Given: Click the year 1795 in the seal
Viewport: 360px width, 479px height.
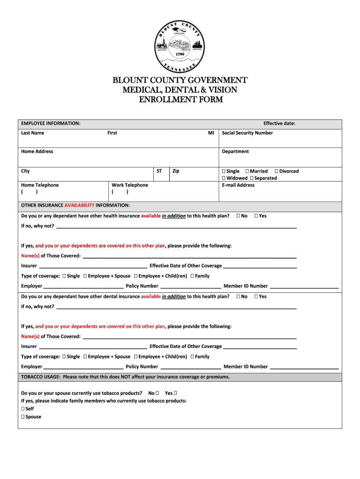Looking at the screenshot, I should click(x=180, y=54).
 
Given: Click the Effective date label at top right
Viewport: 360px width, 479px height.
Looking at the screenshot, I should click(x=279, y=123).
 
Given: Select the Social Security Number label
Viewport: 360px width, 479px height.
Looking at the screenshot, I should click(x=247, y=133).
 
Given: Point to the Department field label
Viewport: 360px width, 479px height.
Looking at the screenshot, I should click(x=235, y=152).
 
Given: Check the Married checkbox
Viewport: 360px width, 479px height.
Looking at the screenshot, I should click(x=247, y=171).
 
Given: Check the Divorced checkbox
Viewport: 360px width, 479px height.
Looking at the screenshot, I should click(x=276, y=171).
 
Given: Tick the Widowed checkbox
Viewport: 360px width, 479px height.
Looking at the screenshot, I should click(x=224, y=178).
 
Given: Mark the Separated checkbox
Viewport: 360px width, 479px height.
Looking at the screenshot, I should click(x=252, y=178).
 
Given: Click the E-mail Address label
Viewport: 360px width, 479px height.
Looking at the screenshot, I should click(x=238, y=185).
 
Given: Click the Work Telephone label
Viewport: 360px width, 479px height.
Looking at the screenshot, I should click(x=130, y=185).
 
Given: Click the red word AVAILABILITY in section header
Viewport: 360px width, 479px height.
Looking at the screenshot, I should click(x=79, y=205).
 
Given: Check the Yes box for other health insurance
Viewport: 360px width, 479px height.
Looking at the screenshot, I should click(x=256, y=216).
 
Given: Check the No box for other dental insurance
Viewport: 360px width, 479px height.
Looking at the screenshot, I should click(x=238, y=297).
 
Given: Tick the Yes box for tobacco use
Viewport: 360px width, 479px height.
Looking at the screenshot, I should click(x=175, y=393).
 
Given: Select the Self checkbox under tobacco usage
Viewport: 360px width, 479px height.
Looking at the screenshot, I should click(x=23, y=409).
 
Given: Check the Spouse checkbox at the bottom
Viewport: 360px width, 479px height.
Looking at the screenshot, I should click(x=23, y=417).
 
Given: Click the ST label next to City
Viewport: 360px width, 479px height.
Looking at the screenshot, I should click(x=159, y=171).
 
